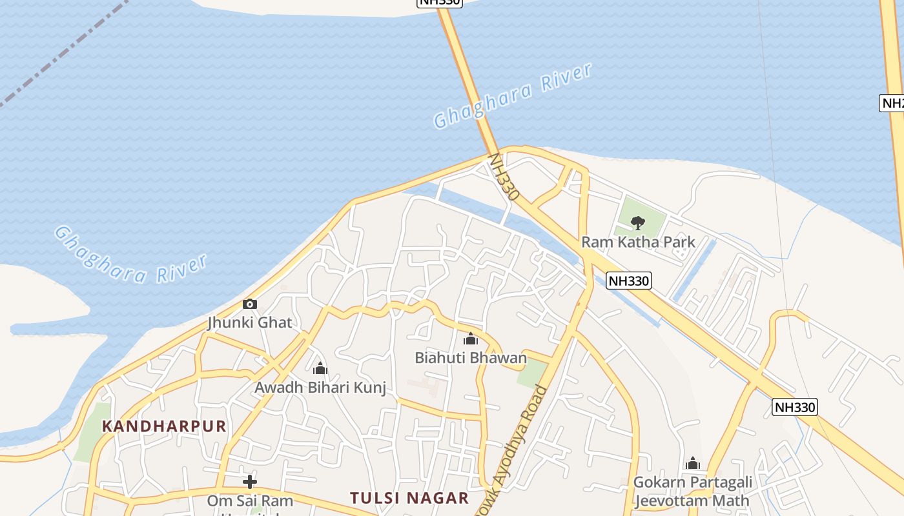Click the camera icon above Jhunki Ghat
[x=250, y=304]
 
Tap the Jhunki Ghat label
[x=250, y=322]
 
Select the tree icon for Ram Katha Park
[x=637, y=223]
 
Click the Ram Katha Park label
[x=638, y=243]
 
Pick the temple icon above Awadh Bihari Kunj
[x=320, y=369]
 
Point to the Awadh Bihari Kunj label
[x=320, y=388]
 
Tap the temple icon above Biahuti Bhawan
[x=471, y=339]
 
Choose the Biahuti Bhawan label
[x=471, y=357]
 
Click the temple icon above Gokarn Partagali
[x=693, y=463]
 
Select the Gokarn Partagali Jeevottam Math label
[x=693, y=491]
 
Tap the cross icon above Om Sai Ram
[x=250, y=481]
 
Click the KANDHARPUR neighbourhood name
[x=164, y=426]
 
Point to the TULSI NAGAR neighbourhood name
[x=409, y=498]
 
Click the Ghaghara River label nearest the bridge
[x=513, y=96]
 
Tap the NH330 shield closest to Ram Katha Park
[x=629, y=281]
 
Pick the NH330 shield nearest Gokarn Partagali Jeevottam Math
[x=795, y=407]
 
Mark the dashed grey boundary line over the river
[x=65, y=52]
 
